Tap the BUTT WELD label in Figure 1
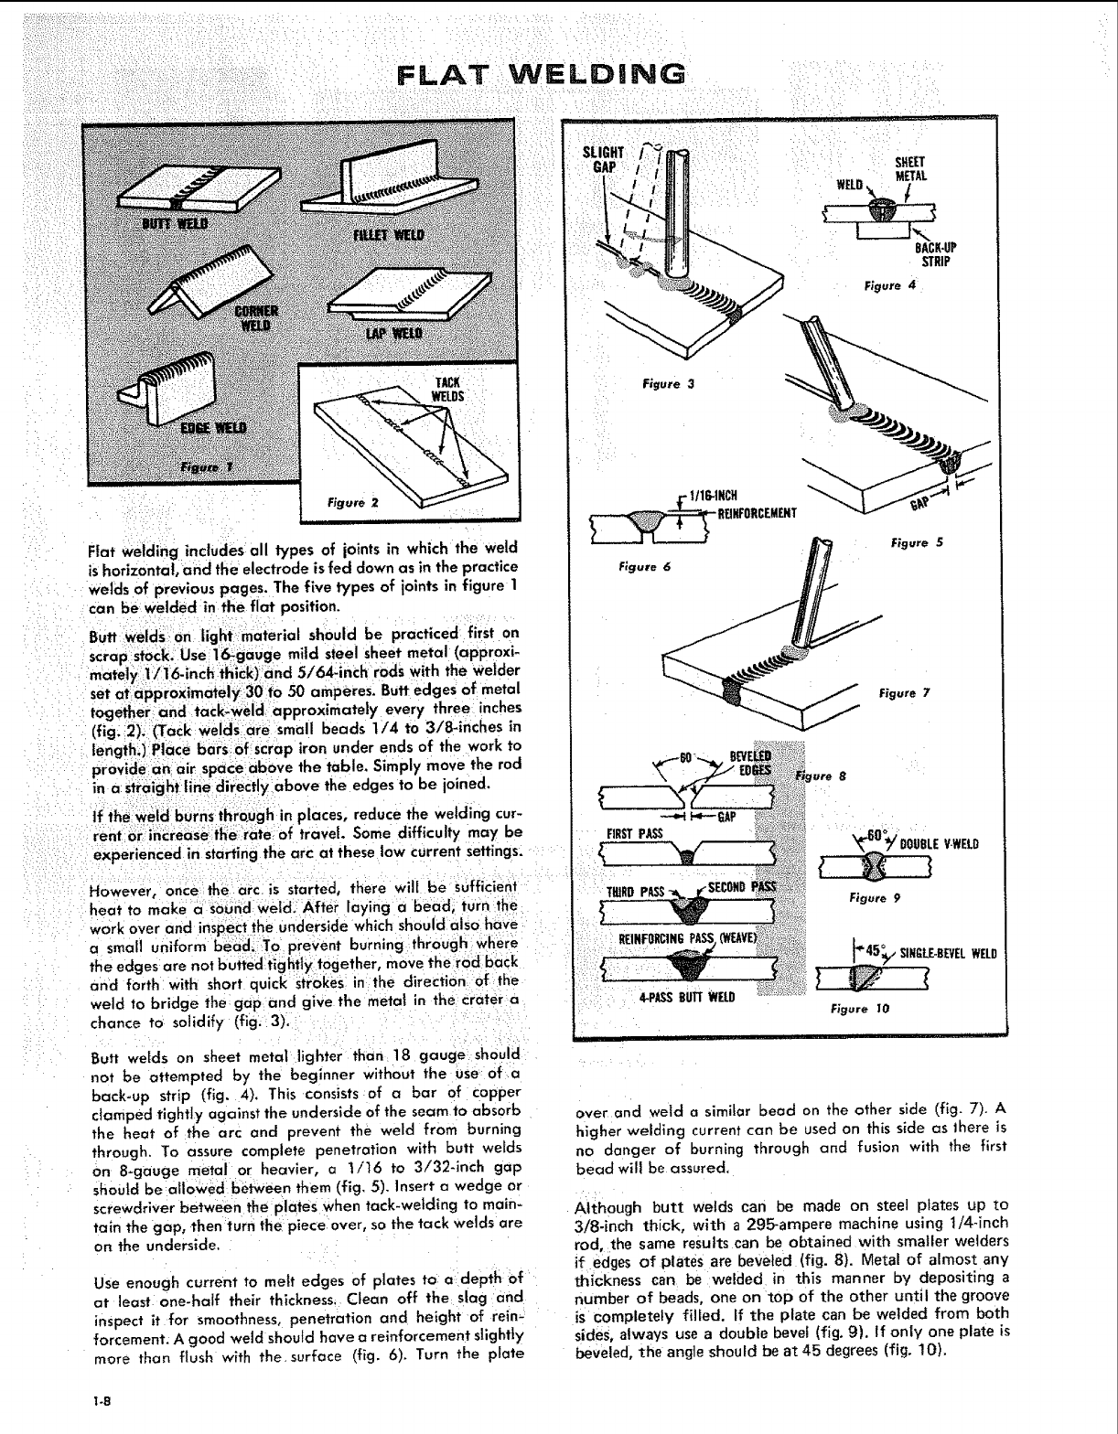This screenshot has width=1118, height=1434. pos(174,224)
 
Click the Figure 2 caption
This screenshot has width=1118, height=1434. pos(349,501)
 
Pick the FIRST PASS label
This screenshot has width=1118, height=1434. pos(629,833)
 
